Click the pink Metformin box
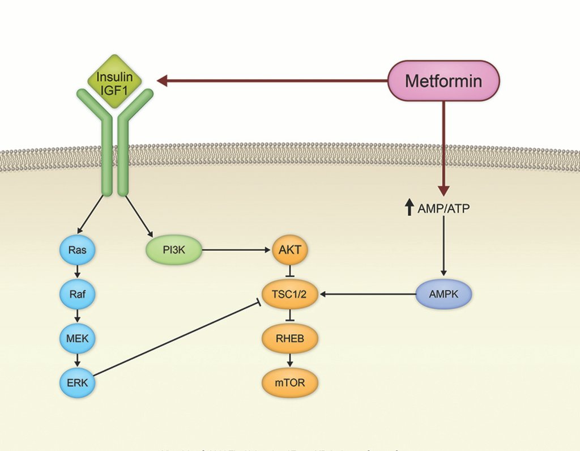coord(443,81)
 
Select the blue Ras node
coord(78,249)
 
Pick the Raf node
coord(78,295)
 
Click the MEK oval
coord(78,339)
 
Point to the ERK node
coord(78,383)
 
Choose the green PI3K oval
coord(174,249)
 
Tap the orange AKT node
coord(290,249)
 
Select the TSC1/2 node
coord(290,295)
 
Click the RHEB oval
coord(290,339)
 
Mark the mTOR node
coord(290,383)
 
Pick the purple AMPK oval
coord(443,295)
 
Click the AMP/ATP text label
coord(443,209)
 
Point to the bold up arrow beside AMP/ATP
coord(409,208)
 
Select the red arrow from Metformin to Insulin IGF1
coord(272,81)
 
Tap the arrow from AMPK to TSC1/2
coord(368,295)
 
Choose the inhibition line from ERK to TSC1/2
coord(176,339)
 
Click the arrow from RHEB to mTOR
coord(290,361)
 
